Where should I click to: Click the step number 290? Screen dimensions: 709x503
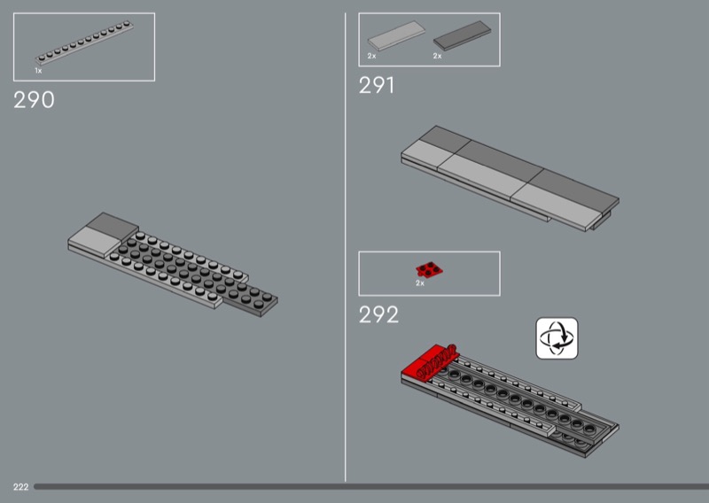pos(34,100)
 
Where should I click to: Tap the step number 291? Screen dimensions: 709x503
pos(376,85)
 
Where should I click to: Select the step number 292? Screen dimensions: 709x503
pos(379,314)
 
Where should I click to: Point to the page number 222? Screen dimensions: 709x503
pos(20,487)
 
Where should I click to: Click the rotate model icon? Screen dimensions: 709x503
pos(557,338)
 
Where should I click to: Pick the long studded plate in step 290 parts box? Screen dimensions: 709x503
pos(84,42)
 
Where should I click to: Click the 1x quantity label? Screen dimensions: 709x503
pos(38,71)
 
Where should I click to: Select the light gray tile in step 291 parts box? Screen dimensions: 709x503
pos(396,35)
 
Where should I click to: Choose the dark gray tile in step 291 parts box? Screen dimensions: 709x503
pos(462,35)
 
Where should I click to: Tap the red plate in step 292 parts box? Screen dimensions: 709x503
pos(429,270)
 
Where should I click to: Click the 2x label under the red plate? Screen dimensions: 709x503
pos(420,283)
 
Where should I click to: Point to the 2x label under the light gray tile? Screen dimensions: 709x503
pos(371,56)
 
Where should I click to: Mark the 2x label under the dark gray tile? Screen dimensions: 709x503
pos(437,56)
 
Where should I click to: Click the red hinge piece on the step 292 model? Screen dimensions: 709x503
pos(430,361)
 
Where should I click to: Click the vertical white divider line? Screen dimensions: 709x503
pos(346,247)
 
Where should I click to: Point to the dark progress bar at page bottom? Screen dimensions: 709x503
pos(371,487)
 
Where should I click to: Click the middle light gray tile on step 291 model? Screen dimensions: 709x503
pos(483,177)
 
